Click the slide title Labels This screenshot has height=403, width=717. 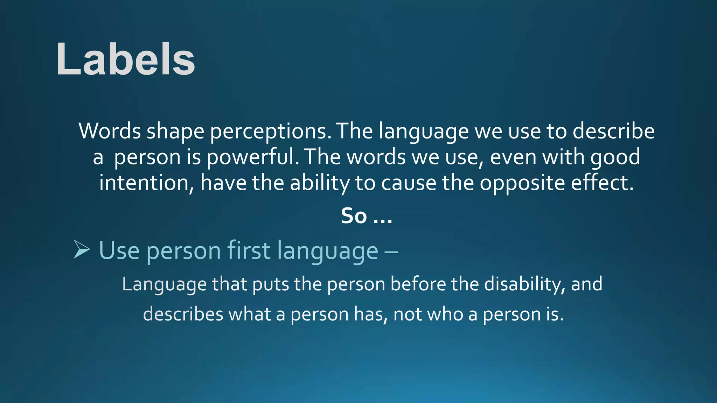pos(125,59)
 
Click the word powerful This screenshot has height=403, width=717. pos(253,157)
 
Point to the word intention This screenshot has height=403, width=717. pos(146,183)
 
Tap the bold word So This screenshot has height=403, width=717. pos(354,216)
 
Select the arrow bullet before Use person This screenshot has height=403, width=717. pos(82,249)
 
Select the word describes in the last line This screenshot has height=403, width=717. pos(183,314)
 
